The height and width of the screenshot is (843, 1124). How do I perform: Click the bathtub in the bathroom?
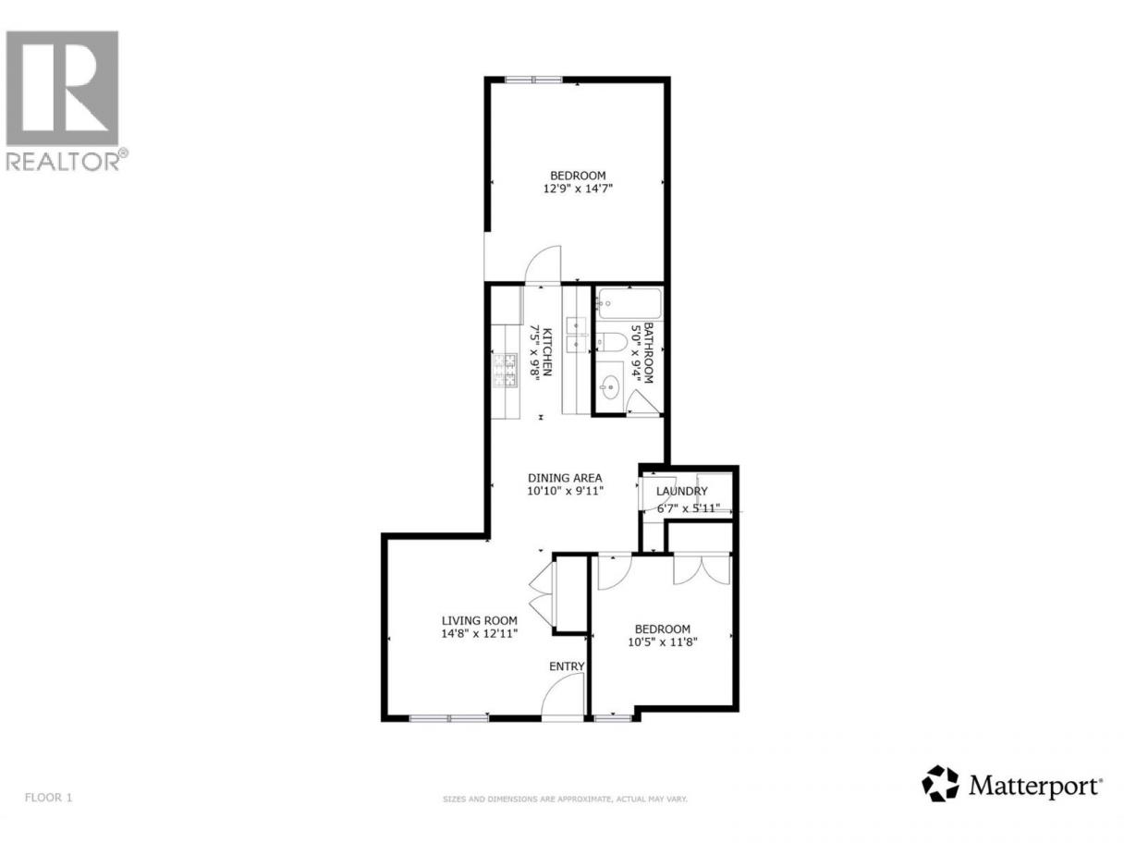(x=629, y=304)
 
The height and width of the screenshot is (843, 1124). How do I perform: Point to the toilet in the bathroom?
(x=611, y=342)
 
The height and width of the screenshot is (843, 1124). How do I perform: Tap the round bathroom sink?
(x=610, y=385)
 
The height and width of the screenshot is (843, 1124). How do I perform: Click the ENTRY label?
(x=567, y=666)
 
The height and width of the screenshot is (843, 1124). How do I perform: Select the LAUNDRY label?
(x=681, y=491)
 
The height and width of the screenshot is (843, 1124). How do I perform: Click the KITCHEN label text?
(x=547, y=352)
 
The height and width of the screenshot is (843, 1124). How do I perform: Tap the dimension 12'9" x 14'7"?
(x=578, y=189)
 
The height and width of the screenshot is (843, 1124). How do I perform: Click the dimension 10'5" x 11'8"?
(x=663, y=641)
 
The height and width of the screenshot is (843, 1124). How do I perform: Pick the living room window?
(x=449, y=718)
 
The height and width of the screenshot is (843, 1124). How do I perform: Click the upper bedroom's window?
(x=533, y=79)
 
